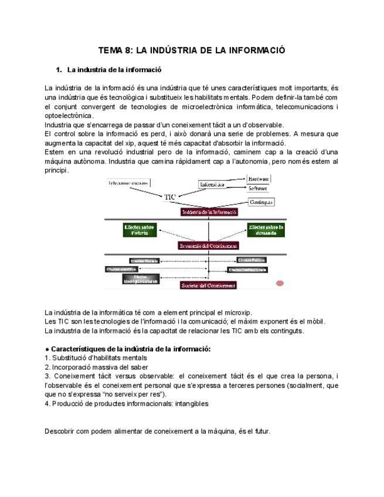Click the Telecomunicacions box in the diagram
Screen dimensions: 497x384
pos(127,183)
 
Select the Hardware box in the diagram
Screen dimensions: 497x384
pos(258,178)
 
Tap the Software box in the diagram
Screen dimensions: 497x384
pos(258,189)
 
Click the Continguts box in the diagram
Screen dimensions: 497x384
pos(261,202)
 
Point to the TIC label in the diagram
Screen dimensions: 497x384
pos(170,198)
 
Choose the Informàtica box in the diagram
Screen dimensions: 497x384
pos(212,185)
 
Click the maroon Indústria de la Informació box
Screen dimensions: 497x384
pos(209,213)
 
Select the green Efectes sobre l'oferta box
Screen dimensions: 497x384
pos(140,230)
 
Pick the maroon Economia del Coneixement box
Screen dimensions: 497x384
pos(209,246)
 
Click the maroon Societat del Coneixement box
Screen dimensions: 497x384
pos(209,285)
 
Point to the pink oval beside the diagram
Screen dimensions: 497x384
pos(280,284)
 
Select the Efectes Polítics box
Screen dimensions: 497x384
pos(252,260)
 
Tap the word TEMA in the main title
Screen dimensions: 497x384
pos(108,51)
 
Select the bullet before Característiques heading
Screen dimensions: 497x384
pos(47,349)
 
